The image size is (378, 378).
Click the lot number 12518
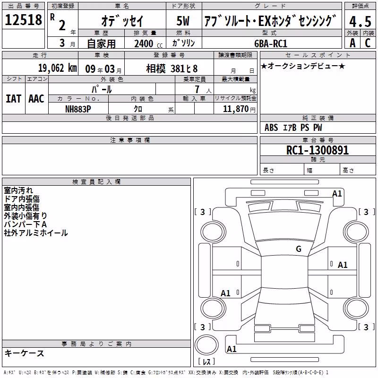[x=23, y=20]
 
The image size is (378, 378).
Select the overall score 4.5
[x=360, y=21]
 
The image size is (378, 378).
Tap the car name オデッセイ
[x=122, y=21]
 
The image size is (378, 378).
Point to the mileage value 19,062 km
[x=57, y=68]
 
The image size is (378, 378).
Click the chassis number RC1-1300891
[x=318, y=150]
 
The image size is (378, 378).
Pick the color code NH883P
[x=78, y=109]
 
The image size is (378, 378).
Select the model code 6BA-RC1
[x=271, y=43]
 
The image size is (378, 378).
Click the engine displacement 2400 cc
[x=148, y=44]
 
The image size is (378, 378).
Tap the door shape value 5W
[x=183, y=21]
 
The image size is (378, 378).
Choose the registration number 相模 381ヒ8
[x=172, y=69]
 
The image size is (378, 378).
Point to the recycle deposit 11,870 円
[x=239, y=109]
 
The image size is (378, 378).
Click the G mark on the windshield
[x=299, y=249]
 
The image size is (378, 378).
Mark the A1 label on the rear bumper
[x=232, y=349]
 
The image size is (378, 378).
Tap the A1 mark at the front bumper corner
[x=337, y=194]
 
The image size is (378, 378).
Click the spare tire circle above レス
[x=206, y=344]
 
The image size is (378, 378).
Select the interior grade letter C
[x=368, y=43]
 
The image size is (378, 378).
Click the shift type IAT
[x=14, y=99]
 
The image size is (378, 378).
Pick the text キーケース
[x=25, y=353]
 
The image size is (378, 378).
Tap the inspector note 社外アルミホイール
[x=36, y=233]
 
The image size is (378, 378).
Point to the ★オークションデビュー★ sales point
[x=303, y=66]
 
